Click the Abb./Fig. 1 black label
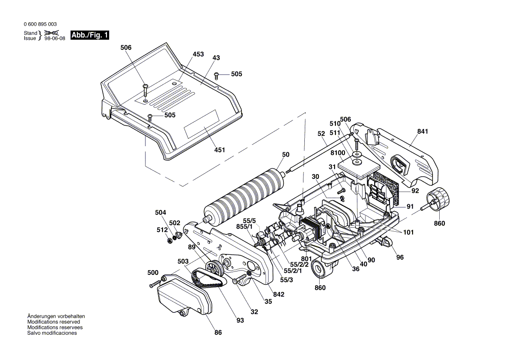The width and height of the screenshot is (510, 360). pyautogui.click(x=90, y=35)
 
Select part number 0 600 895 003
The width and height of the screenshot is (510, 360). pyautogui.click(x=40, y=24)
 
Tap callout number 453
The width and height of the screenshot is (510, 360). pyautogui.click(x=198, y=55)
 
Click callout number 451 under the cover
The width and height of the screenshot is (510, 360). pyautogui.click(x=220, y=150)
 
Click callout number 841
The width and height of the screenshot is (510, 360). pyautogui.click(x=423, y=131)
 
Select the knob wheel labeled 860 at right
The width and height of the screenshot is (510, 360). pyautogui.click(x=438, y=199)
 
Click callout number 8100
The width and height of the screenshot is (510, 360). pyautogui.click(x=338, y=153)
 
